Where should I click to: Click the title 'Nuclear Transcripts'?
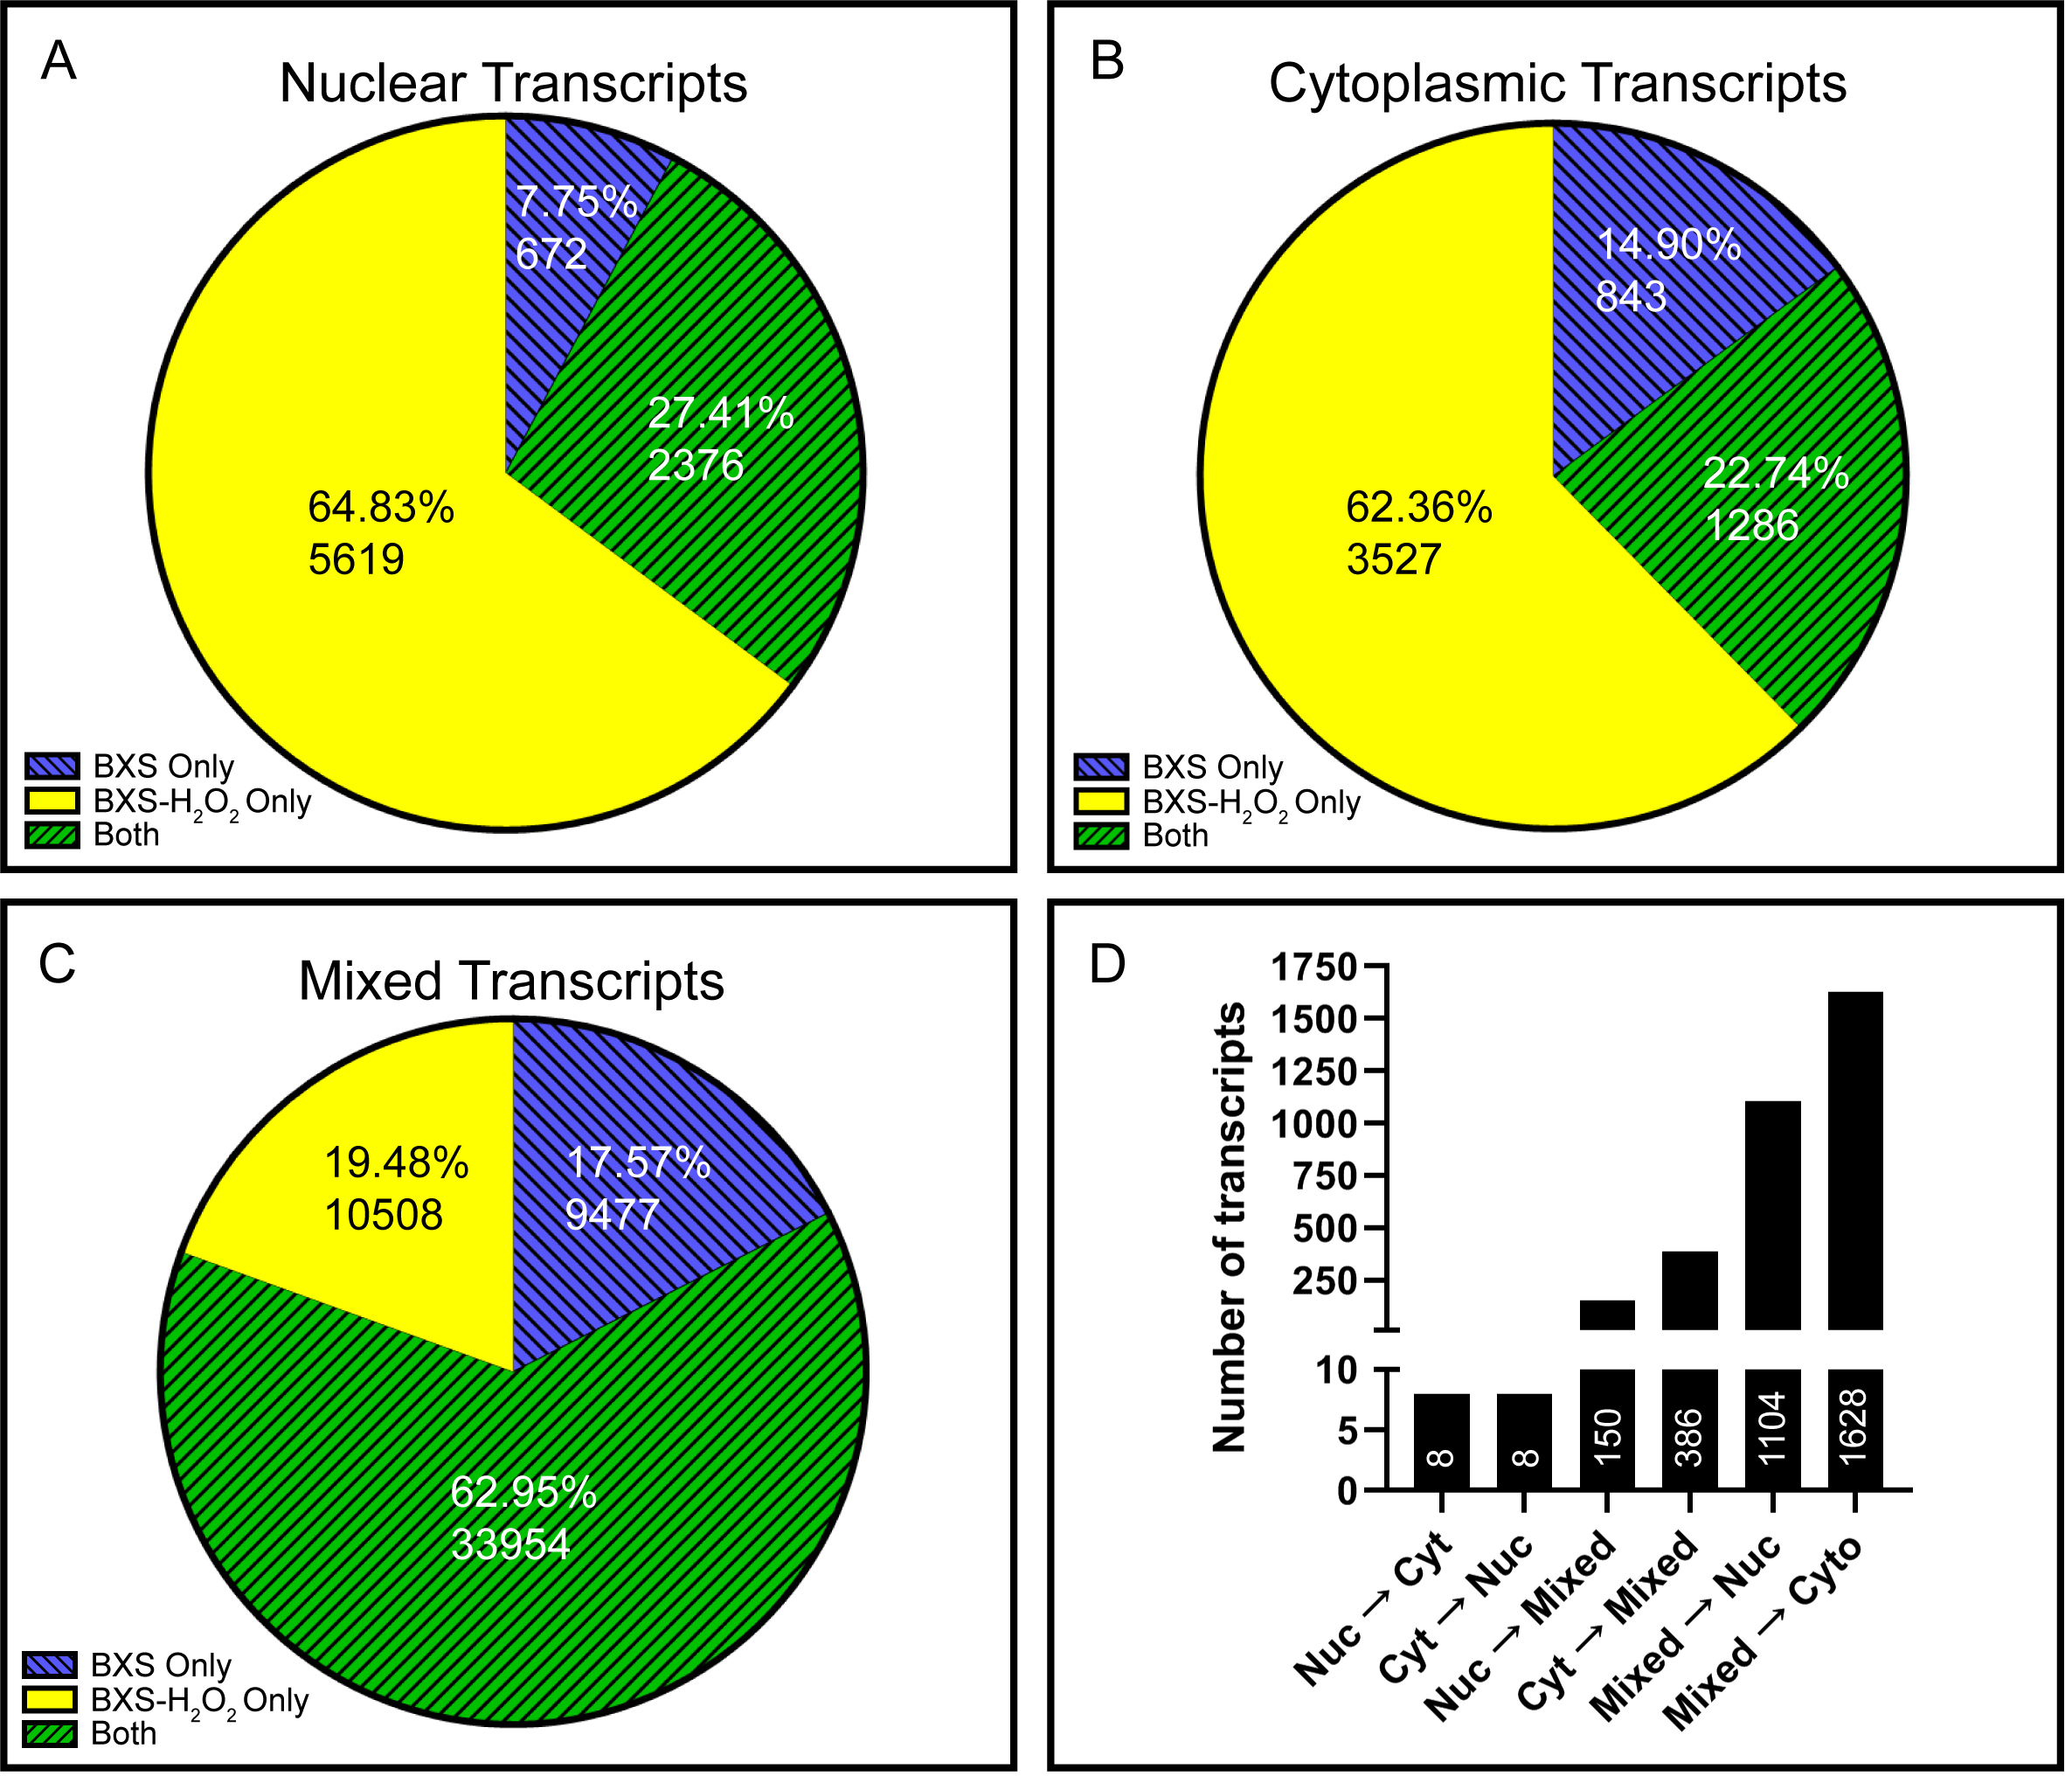513,83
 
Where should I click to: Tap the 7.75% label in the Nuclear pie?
576,202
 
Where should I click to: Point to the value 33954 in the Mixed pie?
510,1544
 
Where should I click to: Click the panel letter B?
1107,61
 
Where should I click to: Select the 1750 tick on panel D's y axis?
1313,966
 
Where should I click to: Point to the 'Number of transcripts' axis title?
1229,1226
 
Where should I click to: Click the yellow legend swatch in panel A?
52,801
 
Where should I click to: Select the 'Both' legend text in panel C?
123,1733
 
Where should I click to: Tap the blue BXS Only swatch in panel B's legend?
1101,767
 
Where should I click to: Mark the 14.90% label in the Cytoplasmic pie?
1668,244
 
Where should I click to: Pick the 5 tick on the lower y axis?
1346,1431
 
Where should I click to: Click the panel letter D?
1107,964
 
